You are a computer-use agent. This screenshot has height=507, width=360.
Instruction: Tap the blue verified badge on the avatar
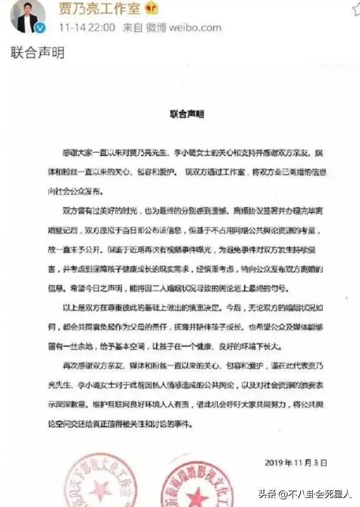point(33,27)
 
